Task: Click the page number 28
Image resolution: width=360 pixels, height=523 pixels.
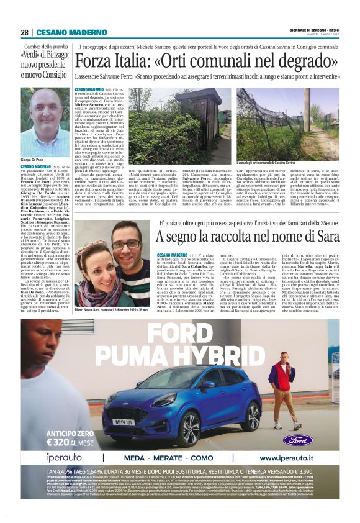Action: click(24, 32)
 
